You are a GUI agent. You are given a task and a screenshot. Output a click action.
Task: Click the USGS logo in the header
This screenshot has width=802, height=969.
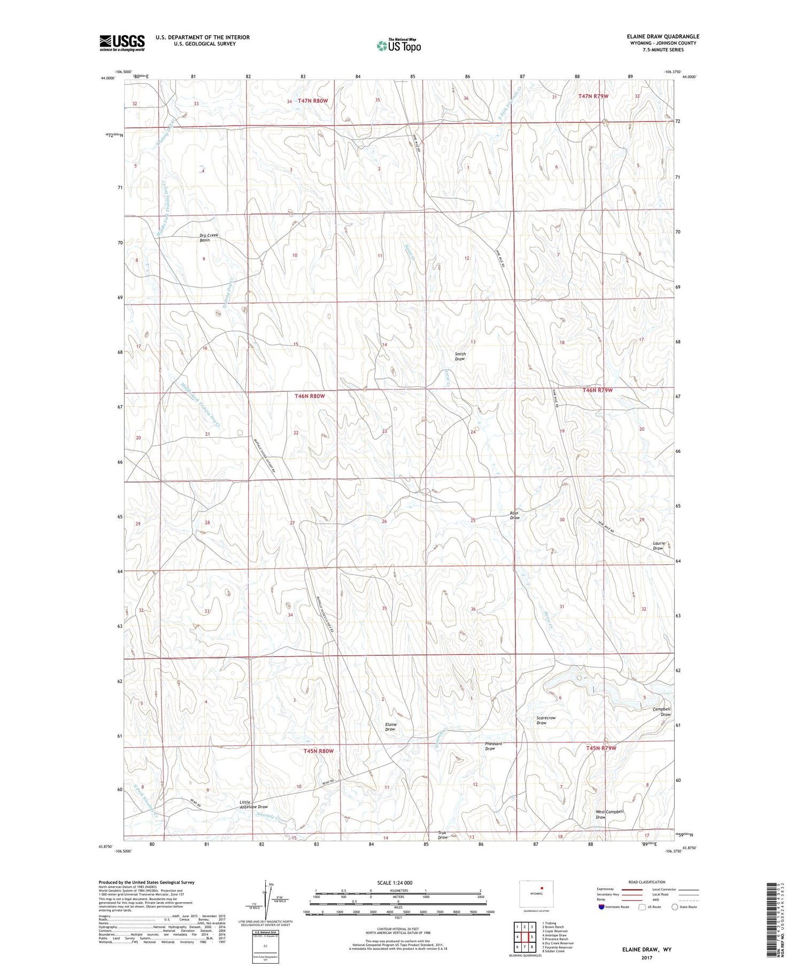[122, 42]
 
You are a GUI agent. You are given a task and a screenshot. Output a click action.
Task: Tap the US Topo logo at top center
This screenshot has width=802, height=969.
[398, 45]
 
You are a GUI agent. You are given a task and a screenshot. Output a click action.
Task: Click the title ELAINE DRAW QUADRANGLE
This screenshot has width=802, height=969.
[663, 37]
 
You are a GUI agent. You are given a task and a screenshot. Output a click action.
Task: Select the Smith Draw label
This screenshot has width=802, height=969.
[460, 356]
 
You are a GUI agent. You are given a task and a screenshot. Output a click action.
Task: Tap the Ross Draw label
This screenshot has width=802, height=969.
[514, 515]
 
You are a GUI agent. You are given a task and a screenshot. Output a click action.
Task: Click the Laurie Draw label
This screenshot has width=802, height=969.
[658, 546]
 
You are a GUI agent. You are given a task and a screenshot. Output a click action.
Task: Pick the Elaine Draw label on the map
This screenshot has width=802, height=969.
[390, 727]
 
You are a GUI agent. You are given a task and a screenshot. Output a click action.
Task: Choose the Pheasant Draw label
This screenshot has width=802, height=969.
[493, 746]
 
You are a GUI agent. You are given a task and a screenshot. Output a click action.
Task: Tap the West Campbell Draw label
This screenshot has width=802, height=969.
[610, 814]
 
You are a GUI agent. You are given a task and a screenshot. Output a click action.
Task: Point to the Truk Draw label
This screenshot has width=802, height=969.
[443, 835]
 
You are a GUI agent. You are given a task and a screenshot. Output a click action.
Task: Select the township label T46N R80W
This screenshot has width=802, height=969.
[310, 396]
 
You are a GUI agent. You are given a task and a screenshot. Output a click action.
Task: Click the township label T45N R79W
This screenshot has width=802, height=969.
[601, 748]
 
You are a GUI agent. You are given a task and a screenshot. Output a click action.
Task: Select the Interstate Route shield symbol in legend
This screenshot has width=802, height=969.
[601, 907]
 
